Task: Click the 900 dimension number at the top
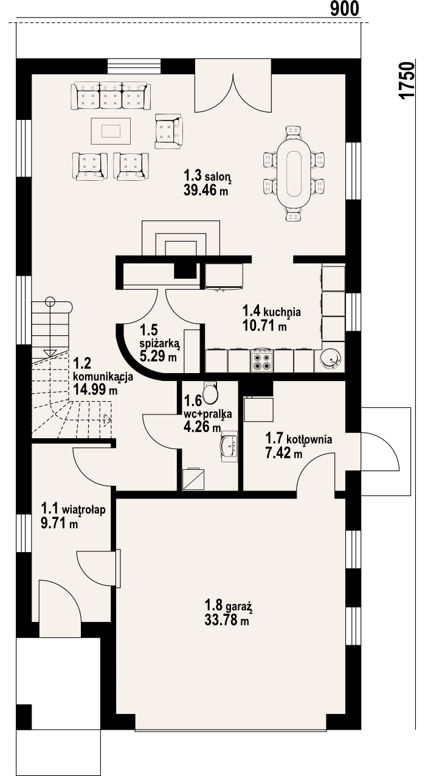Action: click(345, 9)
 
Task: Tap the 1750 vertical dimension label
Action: click(406, 81)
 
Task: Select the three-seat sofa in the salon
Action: click(111, 96)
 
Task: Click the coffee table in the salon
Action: click(111, 131)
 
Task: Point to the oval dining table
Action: click(294, 173)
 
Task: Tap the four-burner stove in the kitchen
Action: click(261, 361)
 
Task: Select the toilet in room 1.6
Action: click(210, 393)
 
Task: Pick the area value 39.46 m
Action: click(206, 190)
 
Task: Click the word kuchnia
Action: click(282, 312)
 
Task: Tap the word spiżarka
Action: click(159, 343)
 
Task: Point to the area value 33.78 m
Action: click(227, 620)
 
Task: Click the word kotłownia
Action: click(309, 439)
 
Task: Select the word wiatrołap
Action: click(84, 509)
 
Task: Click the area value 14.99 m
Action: click(95, 390)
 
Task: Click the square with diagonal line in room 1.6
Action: click(193, 479)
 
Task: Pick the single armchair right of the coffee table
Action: click(168, 131)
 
